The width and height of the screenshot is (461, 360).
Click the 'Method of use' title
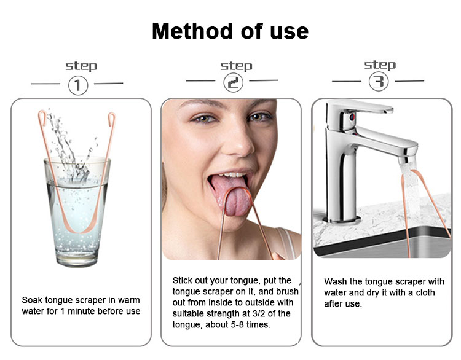click(x=230, y=30)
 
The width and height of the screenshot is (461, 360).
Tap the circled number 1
click(x=78, y=84)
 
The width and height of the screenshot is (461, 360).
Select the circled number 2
click(x=232, y=82)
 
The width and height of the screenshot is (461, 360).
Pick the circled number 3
click(x=378, y=81)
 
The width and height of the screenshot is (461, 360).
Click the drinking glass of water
click(x=77, y=209)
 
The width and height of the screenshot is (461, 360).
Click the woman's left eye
click(x=262, y=117)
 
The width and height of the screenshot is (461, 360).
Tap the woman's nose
click(x=234, y=138)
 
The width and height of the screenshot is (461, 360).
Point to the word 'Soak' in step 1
click(x=33, y=300)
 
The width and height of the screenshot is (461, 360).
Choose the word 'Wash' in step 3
click(x=336, y=281)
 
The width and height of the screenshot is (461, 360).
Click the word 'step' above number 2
click(x=236, y=66)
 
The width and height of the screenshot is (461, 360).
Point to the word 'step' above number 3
click(x=380, y=65)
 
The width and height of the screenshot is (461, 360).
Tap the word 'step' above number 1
click(x=81, y=66)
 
